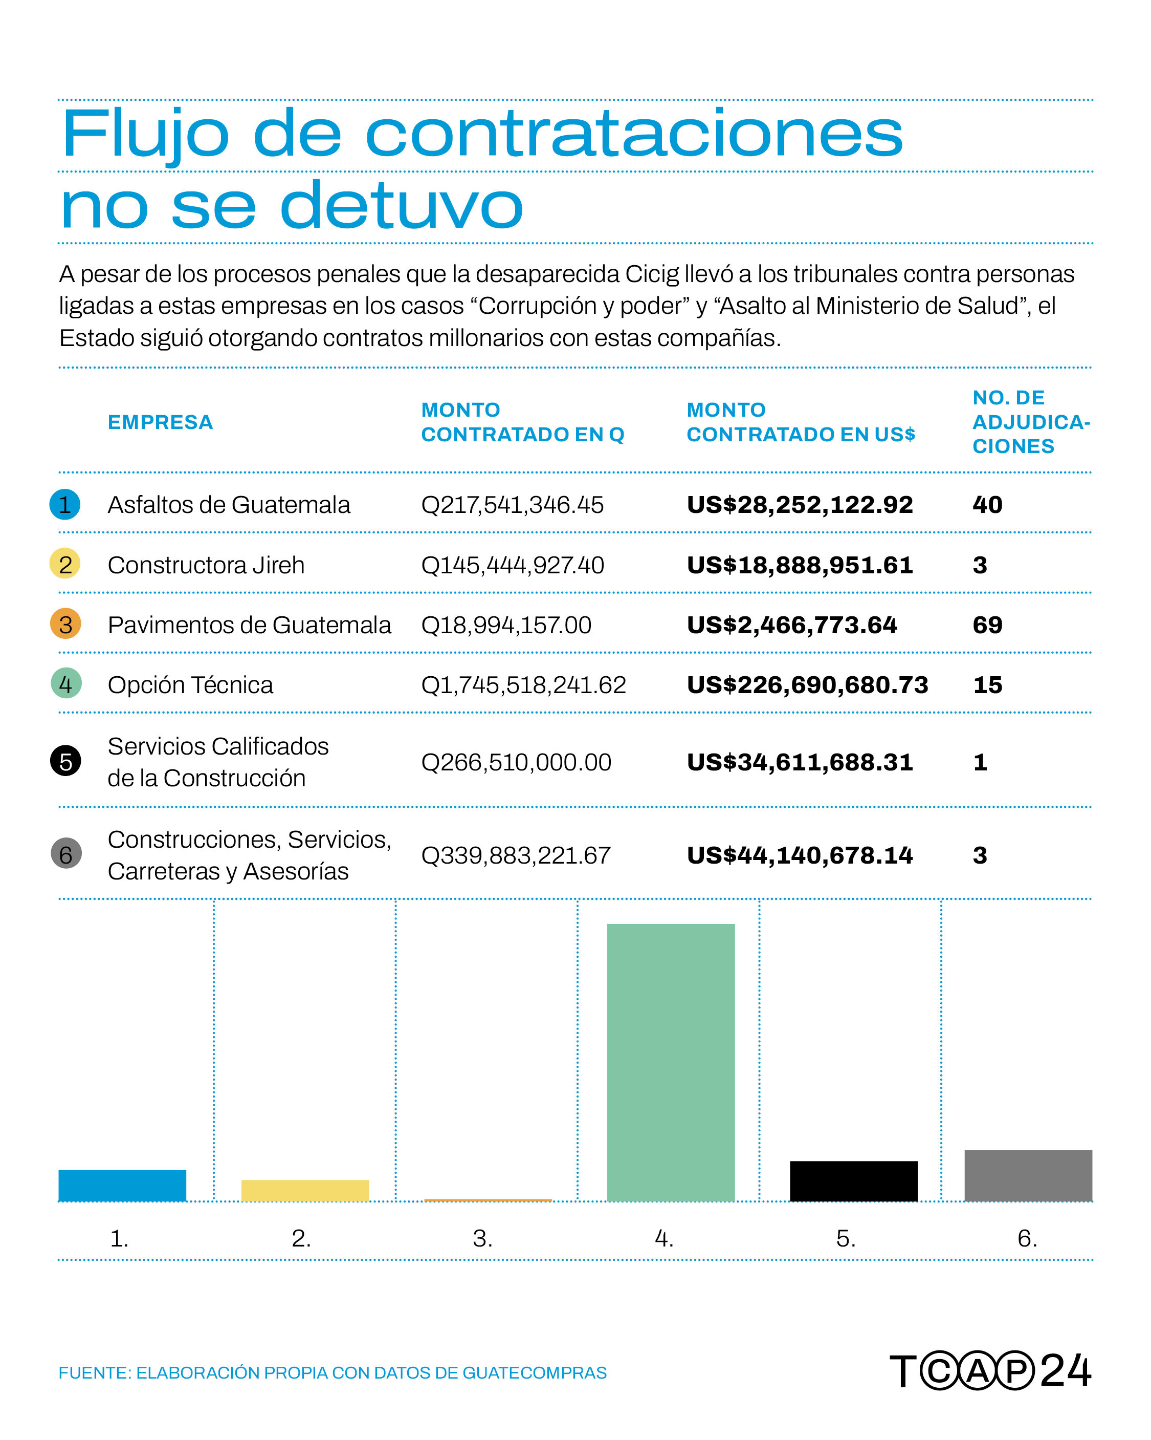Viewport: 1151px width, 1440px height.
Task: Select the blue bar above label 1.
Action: [122, 1186]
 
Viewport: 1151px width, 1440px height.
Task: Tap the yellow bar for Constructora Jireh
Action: [305, 1190]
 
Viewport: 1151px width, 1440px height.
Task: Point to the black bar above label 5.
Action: [853, 1181]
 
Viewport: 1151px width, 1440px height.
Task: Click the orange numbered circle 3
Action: [65, 624]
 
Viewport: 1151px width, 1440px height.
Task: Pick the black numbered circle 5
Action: [65, 761]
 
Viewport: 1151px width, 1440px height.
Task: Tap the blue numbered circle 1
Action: [65, 504]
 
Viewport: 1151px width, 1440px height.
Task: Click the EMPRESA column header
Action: [160, 422]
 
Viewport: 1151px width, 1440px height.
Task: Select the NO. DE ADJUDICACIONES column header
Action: [1031, 422]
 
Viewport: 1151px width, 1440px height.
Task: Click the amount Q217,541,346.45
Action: [512, 505]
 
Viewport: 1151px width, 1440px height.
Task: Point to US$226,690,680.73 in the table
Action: [807, 684]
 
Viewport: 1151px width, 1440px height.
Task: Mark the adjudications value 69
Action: [987, 625]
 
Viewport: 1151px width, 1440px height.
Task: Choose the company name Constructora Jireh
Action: [206, 565]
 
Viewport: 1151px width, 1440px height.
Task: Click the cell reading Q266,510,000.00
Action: [516, 762]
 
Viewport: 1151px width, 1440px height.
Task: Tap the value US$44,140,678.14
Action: [800, 855]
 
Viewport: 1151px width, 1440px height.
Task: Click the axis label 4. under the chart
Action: [663, 1239]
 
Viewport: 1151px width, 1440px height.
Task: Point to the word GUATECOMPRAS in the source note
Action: [534, 1372]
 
